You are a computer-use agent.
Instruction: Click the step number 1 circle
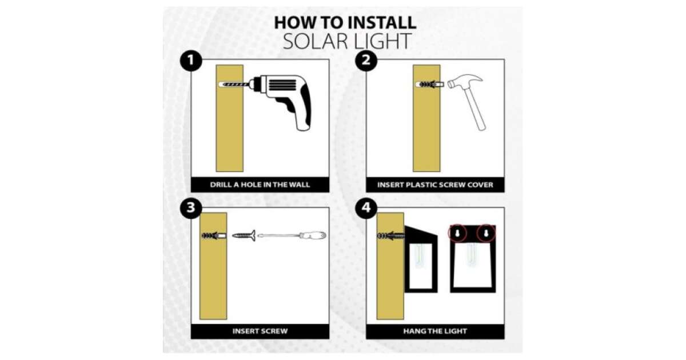tap(191, 61)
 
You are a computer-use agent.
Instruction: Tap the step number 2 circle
tap(366, 61)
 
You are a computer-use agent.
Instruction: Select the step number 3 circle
tap(191, 208)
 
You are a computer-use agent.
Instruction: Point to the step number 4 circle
tap(366, 208)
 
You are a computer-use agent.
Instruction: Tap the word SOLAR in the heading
tap(316, 41)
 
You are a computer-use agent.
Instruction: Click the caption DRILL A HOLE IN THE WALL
tap(260, 185)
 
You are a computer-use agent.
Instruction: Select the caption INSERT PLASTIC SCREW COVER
tap(435, 185)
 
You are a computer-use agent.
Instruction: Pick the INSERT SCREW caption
tap(260, 331)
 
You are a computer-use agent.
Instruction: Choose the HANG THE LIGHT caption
tap(435, 331)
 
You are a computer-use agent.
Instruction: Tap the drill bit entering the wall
tap(236, 84)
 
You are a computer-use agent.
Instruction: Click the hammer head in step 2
tap(465, 81)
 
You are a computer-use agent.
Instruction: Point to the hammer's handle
tap(474, 108)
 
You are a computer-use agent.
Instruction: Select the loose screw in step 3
tap(244, 235)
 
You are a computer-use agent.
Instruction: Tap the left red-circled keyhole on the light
tap(457, 233)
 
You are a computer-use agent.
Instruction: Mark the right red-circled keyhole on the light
tap(486, 233)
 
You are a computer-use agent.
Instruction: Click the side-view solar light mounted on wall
tap(421, 259)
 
